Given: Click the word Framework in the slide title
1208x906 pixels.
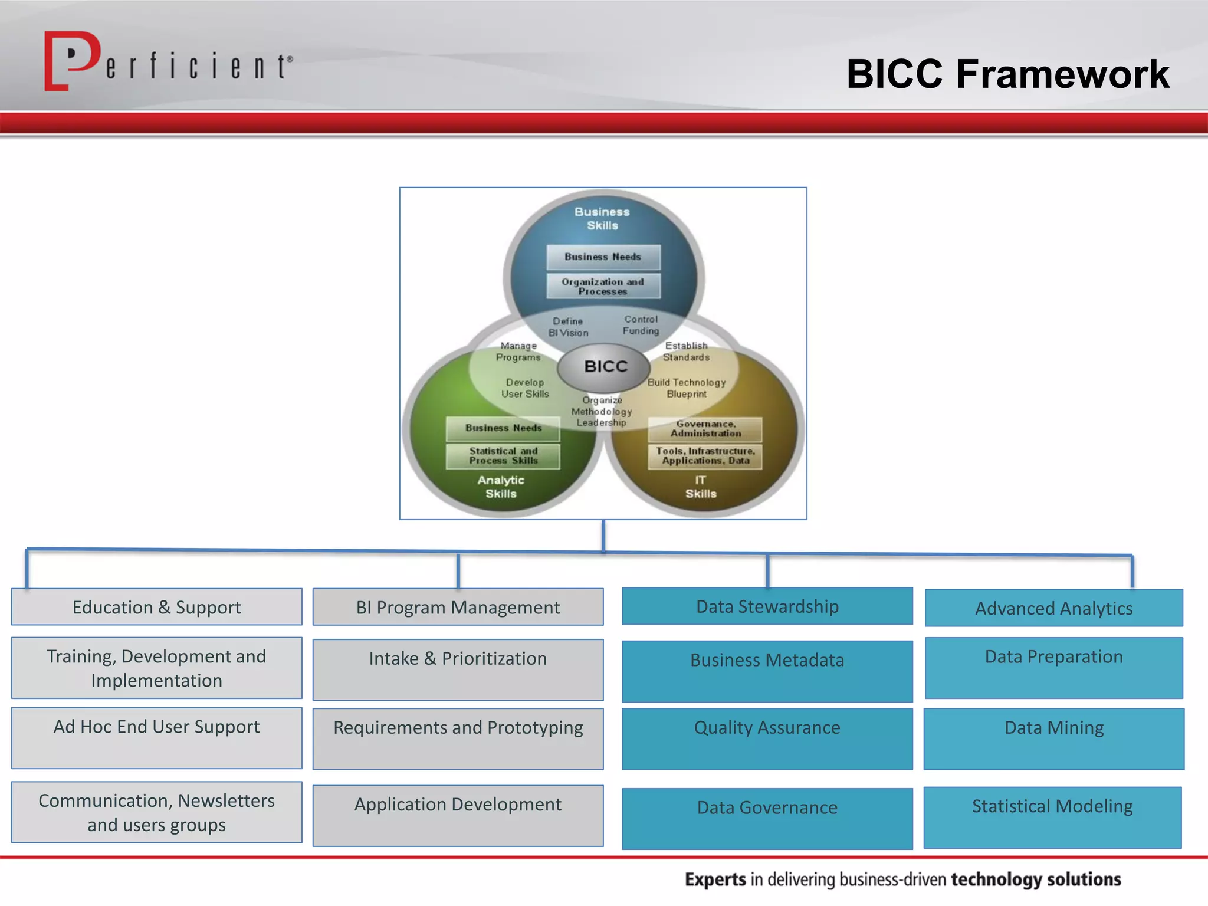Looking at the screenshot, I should pos(1062,74).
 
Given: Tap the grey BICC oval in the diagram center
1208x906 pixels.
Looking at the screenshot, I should pos(605,366).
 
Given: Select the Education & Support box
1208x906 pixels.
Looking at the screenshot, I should pos(157,607).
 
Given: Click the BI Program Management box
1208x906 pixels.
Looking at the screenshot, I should pos(458,607).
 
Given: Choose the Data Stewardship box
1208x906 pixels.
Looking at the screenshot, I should pos(767,606).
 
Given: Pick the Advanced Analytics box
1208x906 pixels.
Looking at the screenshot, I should pos(1053,608).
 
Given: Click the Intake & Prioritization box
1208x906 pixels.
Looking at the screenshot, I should pos(458,669).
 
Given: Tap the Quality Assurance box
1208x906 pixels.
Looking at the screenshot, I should pos(767,738).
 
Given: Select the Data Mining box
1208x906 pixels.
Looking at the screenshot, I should pos(1053,738).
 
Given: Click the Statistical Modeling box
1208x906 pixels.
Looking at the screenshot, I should pos(1052,816).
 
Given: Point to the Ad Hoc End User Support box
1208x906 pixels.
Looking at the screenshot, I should pos(157,737).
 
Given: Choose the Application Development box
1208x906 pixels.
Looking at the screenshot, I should pos(458,815).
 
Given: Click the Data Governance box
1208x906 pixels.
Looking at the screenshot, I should pos(767,818).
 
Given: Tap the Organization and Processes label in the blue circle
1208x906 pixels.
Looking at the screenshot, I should pos(603,286).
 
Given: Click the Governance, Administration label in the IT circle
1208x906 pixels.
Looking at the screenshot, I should pos(705,429).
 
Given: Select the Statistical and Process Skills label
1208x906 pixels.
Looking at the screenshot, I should pos(503,456).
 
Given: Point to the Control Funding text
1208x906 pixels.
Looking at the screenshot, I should pos(641,325).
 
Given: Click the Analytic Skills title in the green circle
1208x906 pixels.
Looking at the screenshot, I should pos(501,487).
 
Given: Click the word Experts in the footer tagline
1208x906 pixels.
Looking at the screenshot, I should pos(715,879).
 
